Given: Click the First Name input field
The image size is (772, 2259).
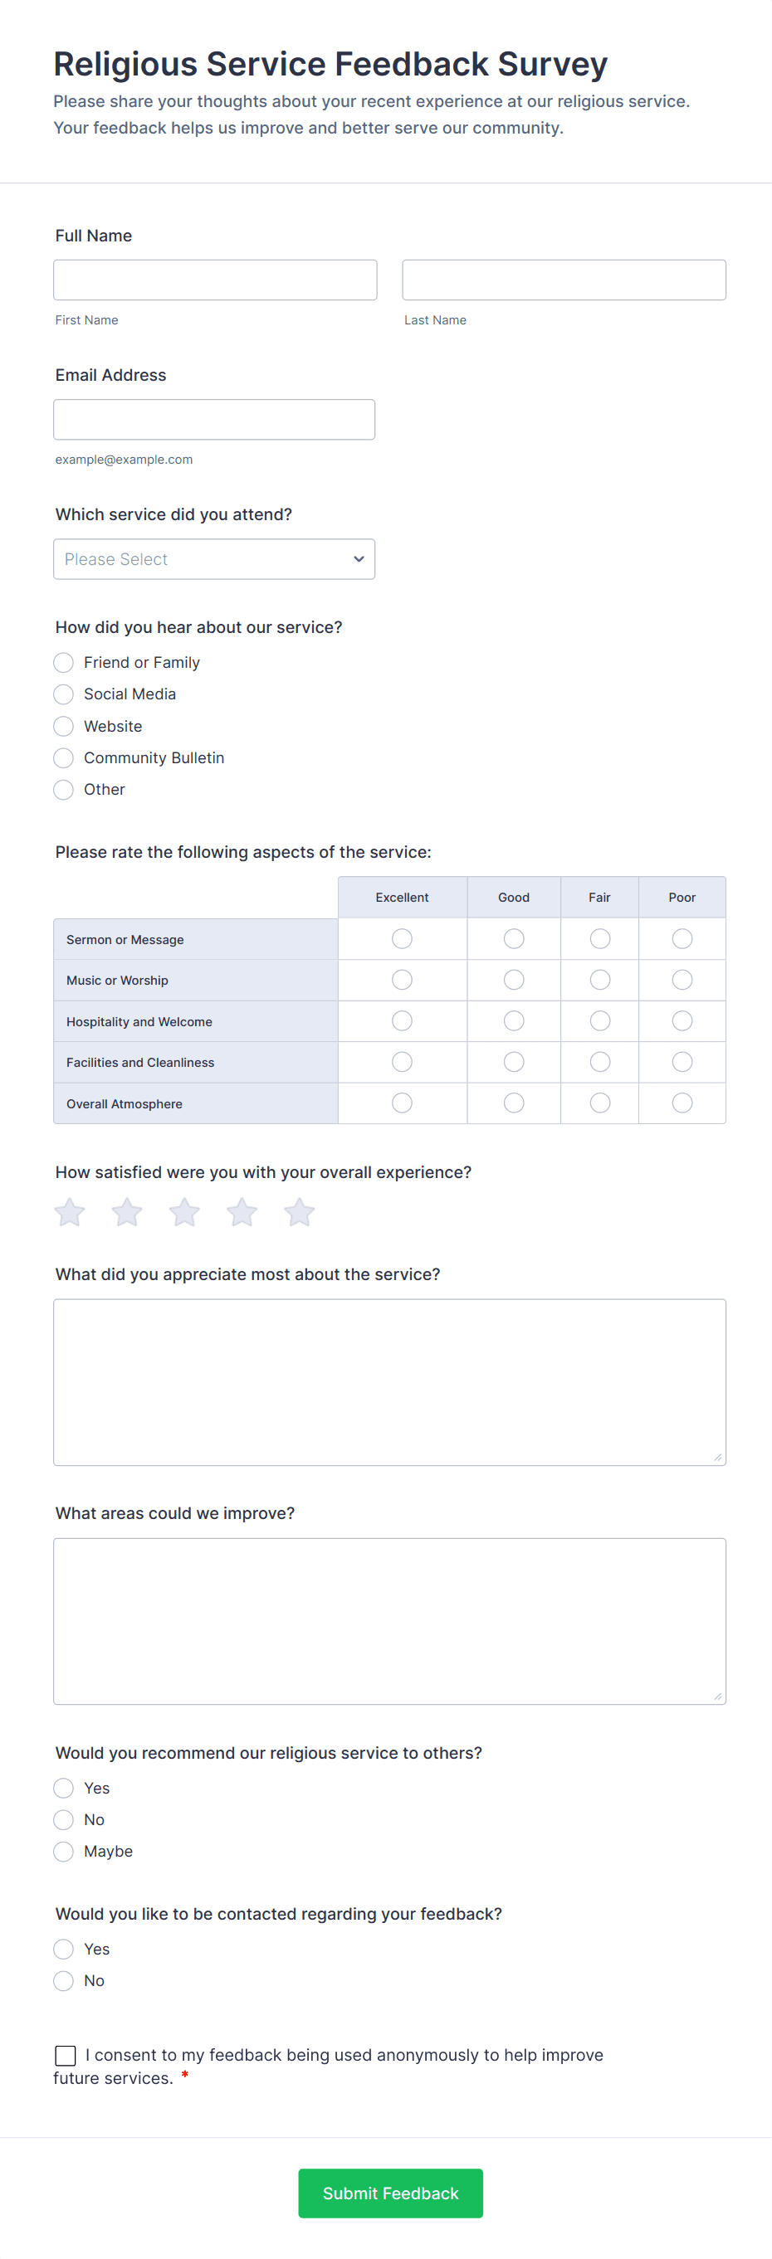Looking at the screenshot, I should click(215, 280).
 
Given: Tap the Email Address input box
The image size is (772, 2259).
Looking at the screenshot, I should click(214, 419).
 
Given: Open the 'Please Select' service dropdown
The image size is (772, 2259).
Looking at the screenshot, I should click(214, 558).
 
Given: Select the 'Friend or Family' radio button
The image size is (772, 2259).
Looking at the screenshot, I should click(63, 662).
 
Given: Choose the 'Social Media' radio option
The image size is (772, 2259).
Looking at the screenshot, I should click(63, 694).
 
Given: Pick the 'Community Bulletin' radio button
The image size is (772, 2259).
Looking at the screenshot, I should click(63, 757).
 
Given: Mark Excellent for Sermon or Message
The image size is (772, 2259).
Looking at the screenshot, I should click(402, 938).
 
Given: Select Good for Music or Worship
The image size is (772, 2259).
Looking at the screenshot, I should click(514, 980).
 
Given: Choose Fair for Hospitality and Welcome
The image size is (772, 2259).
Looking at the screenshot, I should click(600, 1020).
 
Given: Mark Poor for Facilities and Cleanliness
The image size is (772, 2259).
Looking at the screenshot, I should click(682, 1062).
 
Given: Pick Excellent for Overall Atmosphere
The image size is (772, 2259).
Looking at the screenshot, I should click(402, 1103).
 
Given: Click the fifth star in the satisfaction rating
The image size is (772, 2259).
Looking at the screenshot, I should click(299, 1212).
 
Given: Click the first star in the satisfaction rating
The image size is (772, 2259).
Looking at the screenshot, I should click(69, 1212).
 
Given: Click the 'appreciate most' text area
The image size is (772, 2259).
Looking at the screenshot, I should click(389, 1381).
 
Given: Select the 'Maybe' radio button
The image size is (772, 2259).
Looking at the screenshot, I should click(63, 1851).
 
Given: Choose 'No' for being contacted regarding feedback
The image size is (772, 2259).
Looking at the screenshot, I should click(63, 1980).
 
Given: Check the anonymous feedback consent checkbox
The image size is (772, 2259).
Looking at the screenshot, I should click(66, 2056).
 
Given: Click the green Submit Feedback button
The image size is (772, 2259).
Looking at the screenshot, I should click(390, 2193).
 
